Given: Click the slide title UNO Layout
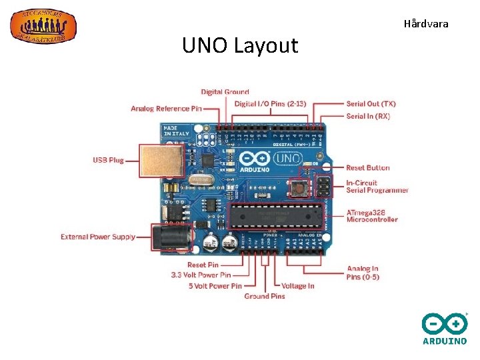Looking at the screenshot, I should [x=240, y=46].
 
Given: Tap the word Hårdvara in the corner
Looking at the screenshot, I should [x=426, y=24].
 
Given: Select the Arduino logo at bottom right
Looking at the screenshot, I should [x=445, y=329].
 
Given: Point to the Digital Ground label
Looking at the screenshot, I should [x=225, y=92].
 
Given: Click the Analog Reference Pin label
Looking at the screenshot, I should [x=166, y=109].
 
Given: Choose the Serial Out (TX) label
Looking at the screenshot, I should [x=371, y=104].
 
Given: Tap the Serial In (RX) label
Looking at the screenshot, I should [x=368, y=116].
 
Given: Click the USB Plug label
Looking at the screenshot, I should [x=108, y=161].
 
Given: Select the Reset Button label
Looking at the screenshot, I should [x=368, y=168].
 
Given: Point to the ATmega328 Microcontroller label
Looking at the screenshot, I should [x=372, y=216].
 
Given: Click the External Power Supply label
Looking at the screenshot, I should [x=98, y=237].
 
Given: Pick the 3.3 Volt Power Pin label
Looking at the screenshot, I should [x=201, y=275].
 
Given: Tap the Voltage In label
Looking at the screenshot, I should [x=298, y=286].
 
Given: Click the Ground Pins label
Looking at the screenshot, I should [x=265, y=296].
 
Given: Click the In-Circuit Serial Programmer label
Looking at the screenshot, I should [x=377, y=187].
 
